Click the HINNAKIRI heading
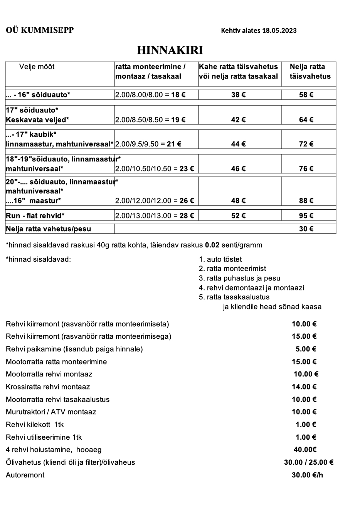click(x=170, y=50)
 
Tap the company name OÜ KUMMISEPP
click(x=40, y=30)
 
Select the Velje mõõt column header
click(x=37, y=67)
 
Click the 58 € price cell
click(x=306, y=95)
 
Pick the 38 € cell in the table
click(x=238, y=95)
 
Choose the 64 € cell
click(x=306, y=120)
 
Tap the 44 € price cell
click(x=238, y=144)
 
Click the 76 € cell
click(x=306, y=169)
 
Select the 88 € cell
click(x=306, y=201)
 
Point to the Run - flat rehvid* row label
click(x=35, y=216)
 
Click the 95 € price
click(x=306, y=216)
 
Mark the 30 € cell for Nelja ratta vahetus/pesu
click(x=306, y=229)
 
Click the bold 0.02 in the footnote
click(x=212, y=245)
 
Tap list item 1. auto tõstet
click(x=220, y=259)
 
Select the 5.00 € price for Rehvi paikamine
click(x=306, y=349)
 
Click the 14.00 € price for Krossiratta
click(x=304, y=387)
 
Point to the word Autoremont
click(x=25, y=475)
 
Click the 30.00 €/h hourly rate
click(x=307, y=475)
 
